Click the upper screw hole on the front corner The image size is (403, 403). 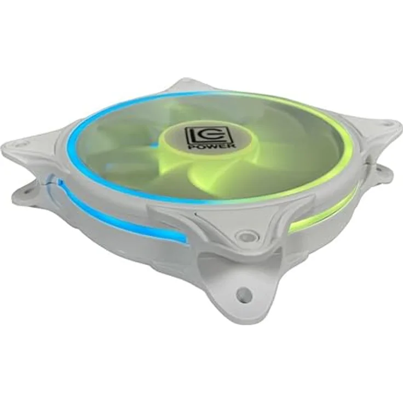[x=244, y=235]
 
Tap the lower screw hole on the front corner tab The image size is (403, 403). [x=243, y=292]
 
